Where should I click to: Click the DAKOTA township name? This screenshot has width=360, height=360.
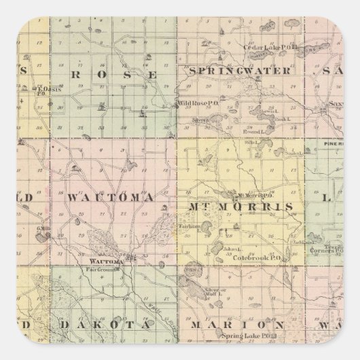tap(96, 325)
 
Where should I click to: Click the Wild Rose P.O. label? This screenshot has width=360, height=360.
tap(194, 104)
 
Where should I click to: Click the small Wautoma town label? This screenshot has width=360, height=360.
tap(106, 261)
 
